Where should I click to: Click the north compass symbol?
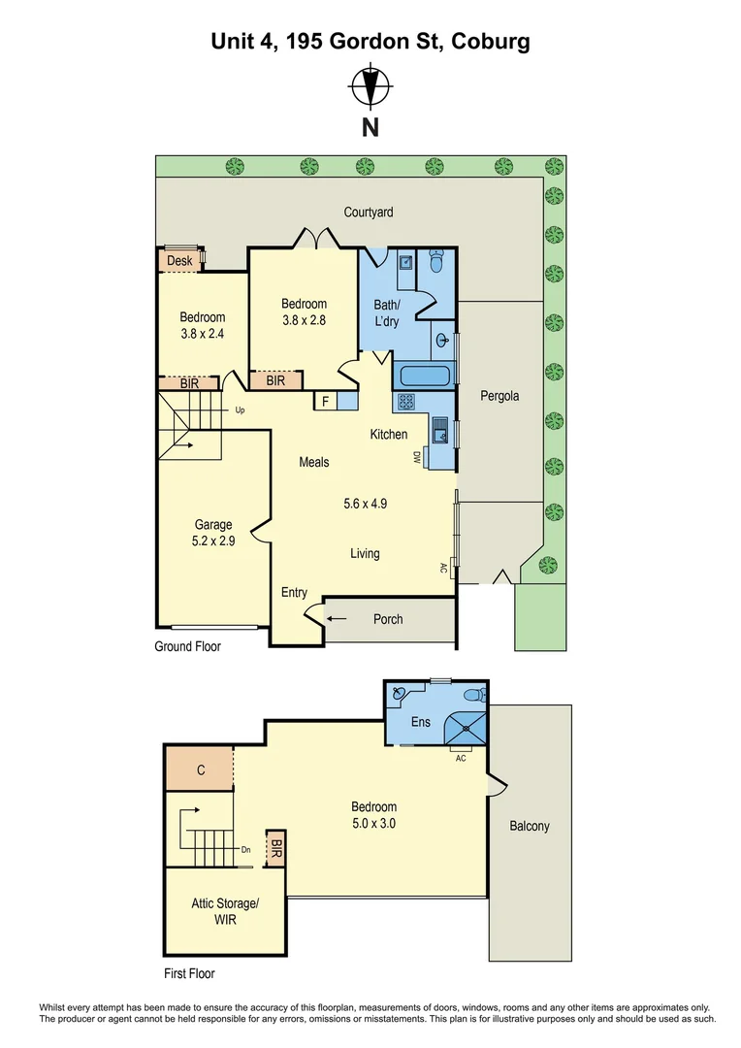370,86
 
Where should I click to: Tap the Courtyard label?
369,212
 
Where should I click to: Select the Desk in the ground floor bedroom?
179,261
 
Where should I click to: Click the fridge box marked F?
325,401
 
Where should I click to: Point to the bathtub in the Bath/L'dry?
425,376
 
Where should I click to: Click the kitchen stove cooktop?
405,401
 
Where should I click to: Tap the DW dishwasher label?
416,458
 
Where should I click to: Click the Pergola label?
499,396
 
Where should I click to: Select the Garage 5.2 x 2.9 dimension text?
213,540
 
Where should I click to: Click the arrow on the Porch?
337,618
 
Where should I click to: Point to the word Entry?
294,592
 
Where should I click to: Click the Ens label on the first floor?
420,722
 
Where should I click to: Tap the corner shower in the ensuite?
465,727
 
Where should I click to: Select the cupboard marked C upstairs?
199,770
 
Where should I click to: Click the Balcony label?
530,826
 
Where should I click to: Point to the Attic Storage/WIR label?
225,911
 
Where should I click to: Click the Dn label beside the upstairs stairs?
246,850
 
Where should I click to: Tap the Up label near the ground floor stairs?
240,410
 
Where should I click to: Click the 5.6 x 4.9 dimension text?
366,504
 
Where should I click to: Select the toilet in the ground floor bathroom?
436,261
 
